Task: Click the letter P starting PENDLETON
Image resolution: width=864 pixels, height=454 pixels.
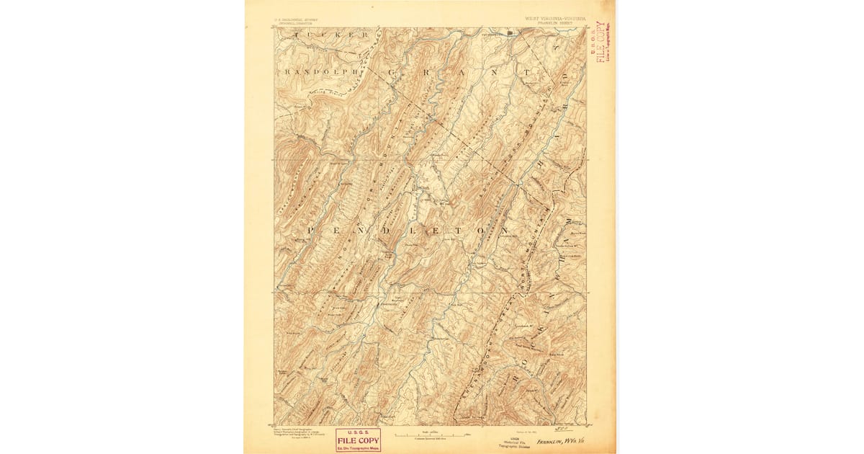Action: tap(312, 229)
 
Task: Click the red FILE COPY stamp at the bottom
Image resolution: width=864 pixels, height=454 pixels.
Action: tap(358, 440)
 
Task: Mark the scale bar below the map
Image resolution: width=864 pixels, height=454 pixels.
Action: tap(431, 434)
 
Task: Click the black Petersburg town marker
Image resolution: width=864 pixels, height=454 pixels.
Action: tap(512, 32)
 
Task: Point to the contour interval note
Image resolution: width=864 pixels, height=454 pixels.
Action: tap(431, 439)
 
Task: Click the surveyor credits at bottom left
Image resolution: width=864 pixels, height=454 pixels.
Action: tap(297, 435)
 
